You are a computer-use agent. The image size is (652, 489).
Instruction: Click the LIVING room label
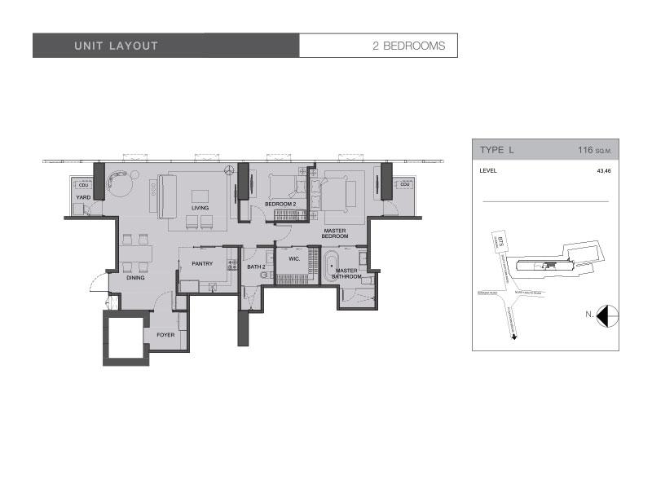(200, 208)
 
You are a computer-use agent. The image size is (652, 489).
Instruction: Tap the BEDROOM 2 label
(280, 204)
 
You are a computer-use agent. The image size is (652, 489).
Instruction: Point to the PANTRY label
(202, 263)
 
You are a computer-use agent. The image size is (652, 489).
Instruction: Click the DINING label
(135, 279)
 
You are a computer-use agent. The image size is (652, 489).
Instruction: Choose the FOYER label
(166, 335)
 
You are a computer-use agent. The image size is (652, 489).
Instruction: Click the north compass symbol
(607, 315)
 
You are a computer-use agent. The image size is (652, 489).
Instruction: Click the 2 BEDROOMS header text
(408, 46)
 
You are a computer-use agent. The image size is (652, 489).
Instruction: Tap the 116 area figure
(585, 150)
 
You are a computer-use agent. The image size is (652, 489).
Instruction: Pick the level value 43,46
(602, 171)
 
